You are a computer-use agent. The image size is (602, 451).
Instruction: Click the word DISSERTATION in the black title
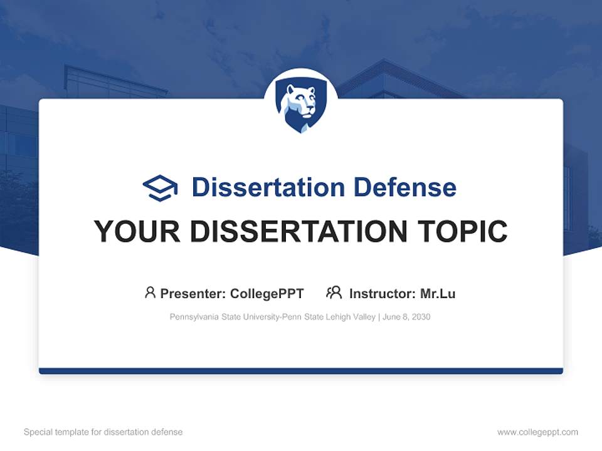pos(298,232)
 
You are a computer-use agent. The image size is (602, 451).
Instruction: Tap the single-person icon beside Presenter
pos(150,293)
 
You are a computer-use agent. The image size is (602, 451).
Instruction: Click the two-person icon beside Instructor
pos(334,293)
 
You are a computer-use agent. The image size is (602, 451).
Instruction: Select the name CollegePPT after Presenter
pos(267,293)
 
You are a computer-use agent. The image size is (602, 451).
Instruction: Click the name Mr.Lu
pos(438,293)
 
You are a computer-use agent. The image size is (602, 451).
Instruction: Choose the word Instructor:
pos(382,293)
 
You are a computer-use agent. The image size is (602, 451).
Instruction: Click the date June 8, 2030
pos(406,317)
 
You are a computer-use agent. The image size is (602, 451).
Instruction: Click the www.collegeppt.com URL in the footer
pos(537,432)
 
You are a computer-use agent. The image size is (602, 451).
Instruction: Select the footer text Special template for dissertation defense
pos(103,432)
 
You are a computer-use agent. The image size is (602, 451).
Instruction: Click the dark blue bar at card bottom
pos(301,371)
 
